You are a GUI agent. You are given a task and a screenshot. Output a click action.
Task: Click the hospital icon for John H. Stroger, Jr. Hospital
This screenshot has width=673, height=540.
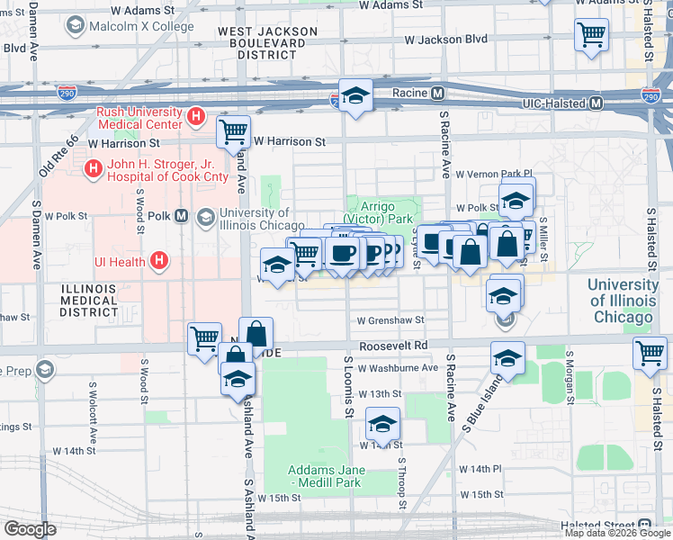[x=92, y=168]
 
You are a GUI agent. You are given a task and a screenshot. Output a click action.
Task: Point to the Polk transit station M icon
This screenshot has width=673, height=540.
[x=182, y=216]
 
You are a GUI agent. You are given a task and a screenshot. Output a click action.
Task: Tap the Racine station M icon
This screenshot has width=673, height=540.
[x=437, y=93]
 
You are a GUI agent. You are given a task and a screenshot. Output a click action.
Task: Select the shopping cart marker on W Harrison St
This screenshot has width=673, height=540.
[x=234, y=131]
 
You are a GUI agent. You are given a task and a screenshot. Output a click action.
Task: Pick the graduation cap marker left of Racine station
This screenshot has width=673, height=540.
[x=355, y=95]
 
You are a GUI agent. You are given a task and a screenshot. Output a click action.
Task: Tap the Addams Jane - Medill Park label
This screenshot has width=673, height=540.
[x=324, y=476]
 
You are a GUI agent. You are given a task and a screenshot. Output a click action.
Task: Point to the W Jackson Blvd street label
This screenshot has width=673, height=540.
[x=445, y=40]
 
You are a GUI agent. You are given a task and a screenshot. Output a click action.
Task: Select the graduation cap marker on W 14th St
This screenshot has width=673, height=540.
[x=382, y=424]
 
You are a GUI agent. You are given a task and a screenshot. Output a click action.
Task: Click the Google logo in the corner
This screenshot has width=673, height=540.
[x=30, y=529]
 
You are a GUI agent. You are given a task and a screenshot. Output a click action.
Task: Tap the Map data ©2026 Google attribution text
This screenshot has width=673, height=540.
[x=617, y=533]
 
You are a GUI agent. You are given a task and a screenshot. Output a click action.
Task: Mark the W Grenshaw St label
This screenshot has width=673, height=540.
[x=390, y=319]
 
